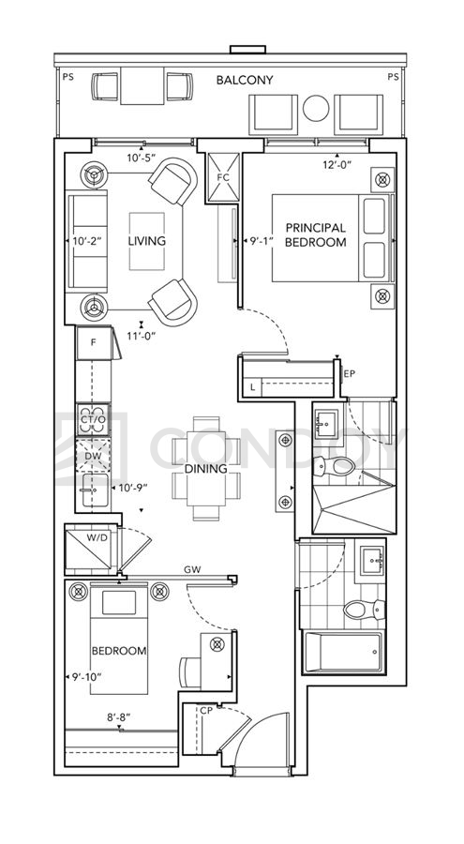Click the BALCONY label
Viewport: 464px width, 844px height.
pyautogui.click(x=245, y=81)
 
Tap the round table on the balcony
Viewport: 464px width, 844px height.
pyautogui.click(x=316, y=108)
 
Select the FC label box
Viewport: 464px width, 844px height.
pyautogui.click(x=223, y=177)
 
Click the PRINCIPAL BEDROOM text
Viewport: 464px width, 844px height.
pyautogui.click(x=316, y=235)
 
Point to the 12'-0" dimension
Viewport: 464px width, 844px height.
pyautogui.click(x=337, y=165)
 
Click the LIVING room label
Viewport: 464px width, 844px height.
pyautogui.click(x=146, y=241)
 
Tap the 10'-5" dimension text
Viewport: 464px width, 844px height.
pyautogui.click(x=141, y=158)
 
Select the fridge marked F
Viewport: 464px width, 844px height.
pyautogui.click(x=94, y=343)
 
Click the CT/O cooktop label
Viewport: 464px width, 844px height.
pyautogui.click(x=93, y=419)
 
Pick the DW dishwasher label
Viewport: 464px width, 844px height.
pyautogui.click(x=93, y=457)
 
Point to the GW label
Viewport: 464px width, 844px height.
pyautogui.click(x=192, y=569)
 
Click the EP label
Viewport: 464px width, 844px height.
pyautogui.click(x=350, y=373)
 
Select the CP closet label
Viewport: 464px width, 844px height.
pyautogui.click(x=206, y=711)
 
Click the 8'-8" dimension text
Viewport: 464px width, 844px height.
pyautogui.click(x=119, y=717)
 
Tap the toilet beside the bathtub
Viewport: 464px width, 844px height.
pyautogui.click(x=365, y=609)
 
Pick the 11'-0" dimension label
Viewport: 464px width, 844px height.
pyautogui.click(x=141, y=337)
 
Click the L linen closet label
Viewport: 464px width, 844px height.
pyautogui.click(x=252, y=387)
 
